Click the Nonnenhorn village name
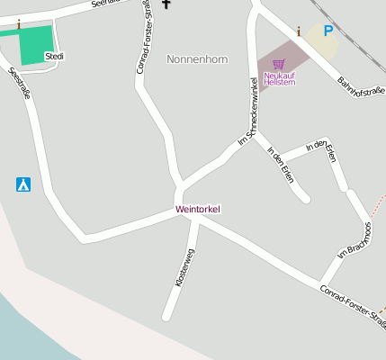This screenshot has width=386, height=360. pos(197,59)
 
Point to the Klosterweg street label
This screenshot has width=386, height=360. pos(184,267)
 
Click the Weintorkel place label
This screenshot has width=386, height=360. pos(198,209)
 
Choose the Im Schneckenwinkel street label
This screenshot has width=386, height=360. pos(248,112)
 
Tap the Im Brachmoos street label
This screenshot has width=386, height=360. pos(355,239)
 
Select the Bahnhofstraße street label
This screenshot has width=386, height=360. pos(361,87)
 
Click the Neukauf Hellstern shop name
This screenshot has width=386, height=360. pos(279,79)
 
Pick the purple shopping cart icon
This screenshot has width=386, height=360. pos(278,65)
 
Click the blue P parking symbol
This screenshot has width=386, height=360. pos(328,31)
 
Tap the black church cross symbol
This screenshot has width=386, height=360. pos(166,4)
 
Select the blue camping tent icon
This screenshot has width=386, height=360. pos(23,184)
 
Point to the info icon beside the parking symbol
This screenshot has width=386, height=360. pos(299,31)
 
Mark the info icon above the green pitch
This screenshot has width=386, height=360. pos(18,24)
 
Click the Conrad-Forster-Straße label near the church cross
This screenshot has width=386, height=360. pos(143,36)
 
